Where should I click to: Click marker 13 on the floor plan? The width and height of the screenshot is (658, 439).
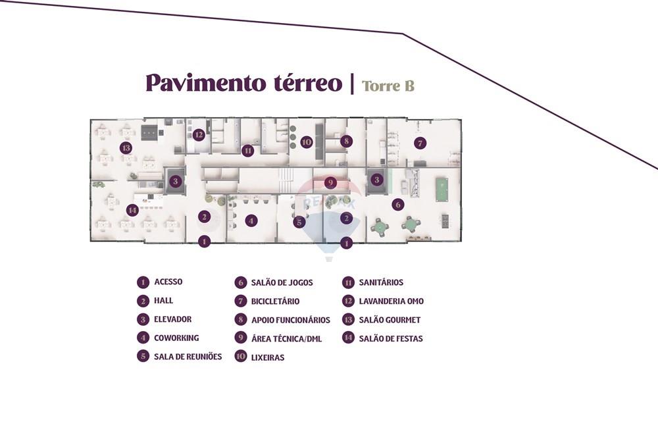coord(126,148)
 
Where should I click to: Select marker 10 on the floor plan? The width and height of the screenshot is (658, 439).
coord(306,142)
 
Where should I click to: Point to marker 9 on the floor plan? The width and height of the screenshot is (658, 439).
coord(330,182)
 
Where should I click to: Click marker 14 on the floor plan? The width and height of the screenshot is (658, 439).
coord(132,210)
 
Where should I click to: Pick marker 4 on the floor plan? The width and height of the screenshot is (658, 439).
coord(251,220)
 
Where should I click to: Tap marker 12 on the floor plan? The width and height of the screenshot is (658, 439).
coord(199,135)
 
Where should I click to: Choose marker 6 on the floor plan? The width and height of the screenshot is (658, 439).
coord(397,205)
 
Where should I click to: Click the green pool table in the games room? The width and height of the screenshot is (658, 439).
coord(442,190)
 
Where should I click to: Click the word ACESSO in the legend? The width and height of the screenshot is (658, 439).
coord(168,282)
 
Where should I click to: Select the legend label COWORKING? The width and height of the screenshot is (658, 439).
coord(176,338)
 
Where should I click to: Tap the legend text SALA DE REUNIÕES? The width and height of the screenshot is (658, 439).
coord(188,356)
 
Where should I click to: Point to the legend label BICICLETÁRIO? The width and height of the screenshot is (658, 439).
coord(275,301)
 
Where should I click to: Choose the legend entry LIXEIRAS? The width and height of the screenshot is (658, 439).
coord(268,357)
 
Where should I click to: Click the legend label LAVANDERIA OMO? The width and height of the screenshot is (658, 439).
coord(392,301)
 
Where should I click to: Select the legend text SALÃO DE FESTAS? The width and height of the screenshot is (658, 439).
coord(391,338)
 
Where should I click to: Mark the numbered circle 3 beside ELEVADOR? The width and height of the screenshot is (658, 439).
coord(143,319)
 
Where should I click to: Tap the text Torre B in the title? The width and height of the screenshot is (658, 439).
coord(388,86)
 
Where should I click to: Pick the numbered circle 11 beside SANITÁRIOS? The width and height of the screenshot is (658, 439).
coord(348,282)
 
